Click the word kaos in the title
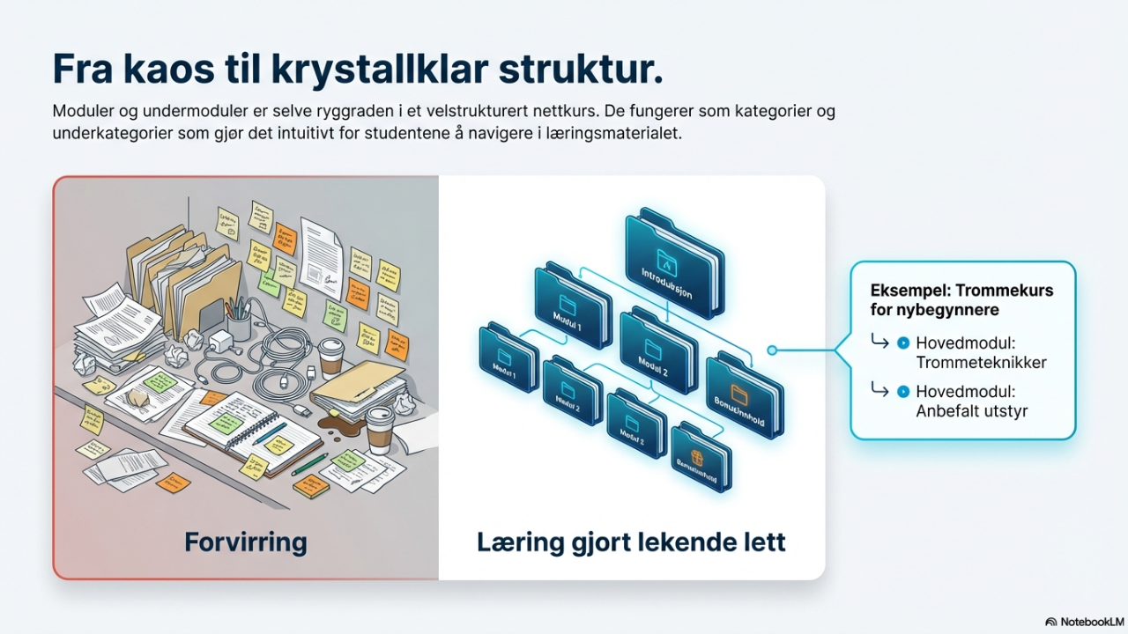click(174, 69)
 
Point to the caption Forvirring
click(245, 541)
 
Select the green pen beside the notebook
click(309, 464)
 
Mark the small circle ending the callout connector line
click(772, 350)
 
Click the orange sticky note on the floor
click(173, 482)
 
